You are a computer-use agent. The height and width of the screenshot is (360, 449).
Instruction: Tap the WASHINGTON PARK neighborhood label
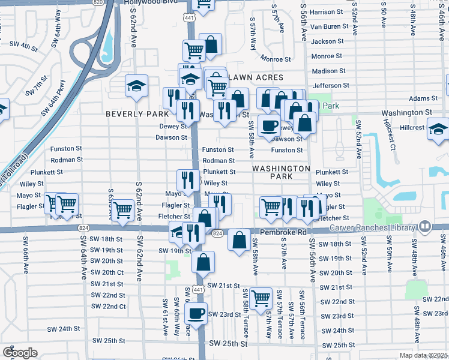281,173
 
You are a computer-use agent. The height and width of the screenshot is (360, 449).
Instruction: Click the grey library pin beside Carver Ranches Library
425,227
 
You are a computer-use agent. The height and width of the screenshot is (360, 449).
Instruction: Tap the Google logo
20,353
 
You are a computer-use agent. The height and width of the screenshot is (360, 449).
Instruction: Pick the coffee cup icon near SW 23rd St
195,313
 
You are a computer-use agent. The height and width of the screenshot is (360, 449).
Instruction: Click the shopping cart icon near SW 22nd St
261,298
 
